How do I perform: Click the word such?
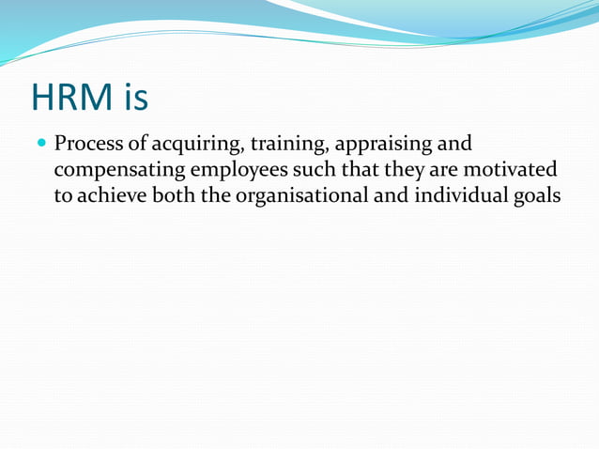(314, 168)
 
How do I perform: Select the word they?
(398, 170)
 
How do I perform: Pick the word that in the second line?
(358, 168)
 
